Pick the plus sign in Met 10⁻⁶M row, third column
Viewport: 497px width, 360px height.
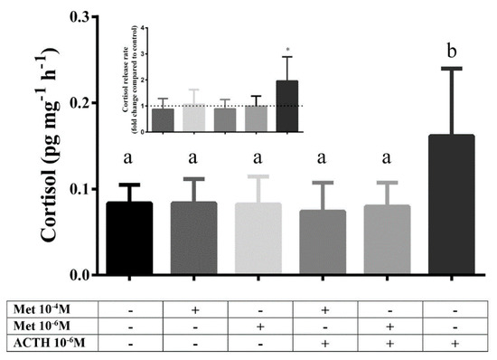coord(258,327)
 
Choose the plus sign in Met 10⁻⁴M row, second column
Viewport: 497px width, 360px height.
coord(194,310)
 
